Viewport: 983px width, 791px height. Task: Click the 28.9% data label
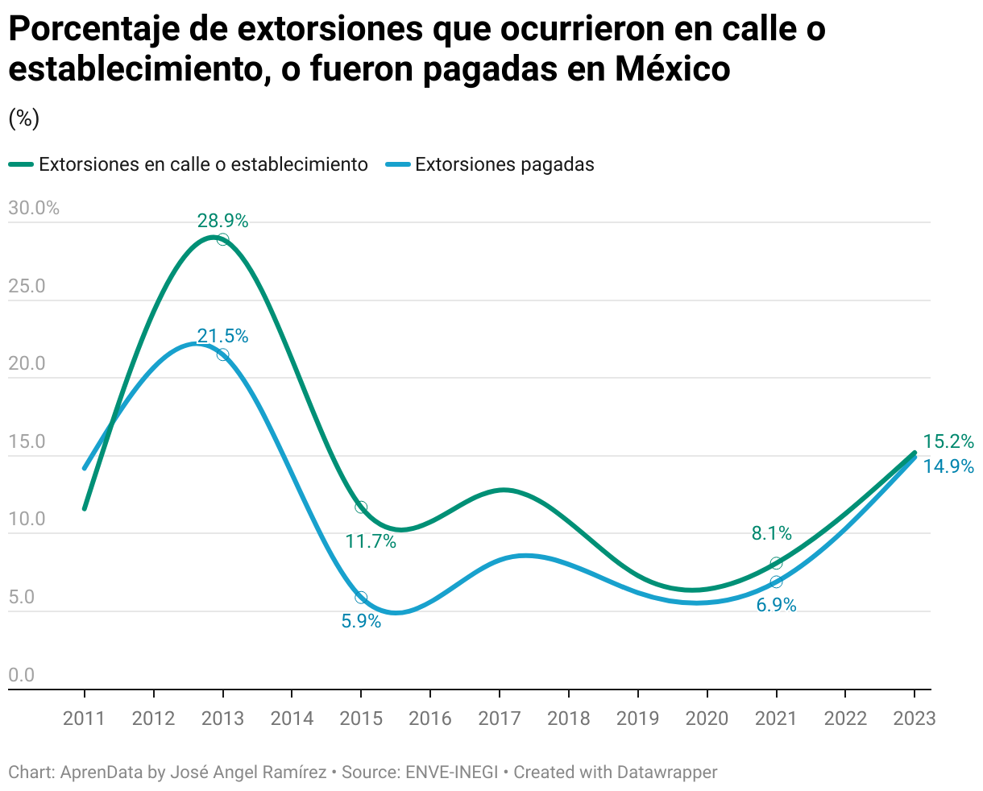point(222,221)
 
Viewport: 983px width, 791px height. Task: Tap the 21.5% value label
point(222,336)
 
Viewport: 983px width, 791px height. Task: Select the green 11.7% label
point(371,541)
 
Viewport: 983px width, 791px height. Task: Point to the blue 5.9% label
point(361,621)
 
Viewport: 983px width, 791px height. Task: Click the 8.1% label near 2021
point(772,533)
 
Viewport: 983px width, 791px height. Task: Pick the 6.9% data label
point(776,605)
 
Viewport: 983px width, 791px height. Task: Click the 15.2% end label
point(948,441)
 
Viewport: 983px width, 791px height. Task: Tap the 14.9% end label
point(948,466)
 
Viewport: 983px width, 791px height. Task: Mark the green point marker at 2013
point(222,239)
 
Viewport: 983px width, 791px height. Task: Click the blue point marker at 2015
point(361,597)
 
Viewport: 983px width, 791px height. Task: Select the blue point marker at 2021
point(776,582)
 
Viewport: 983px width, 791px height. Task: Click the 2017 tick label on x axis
point(500,719)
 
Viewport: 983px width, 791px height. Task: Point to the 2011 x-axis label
point(84,719)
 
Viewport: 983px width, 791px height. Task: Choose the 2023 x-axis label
point(914,719)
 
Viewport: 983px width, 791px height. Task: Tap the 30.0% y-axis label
point(34,209)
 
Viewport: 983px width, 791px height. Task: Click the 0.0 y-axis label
point(22,675)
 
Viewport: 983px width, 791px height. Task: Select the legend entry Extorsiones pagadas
point(490,164)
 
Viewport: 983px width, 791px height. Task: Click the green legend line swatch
point(21,164)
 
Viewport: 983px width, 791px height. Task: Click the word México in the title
point(672,68)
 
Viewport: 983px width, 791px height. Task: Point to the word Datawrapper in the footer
point(667,772)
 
